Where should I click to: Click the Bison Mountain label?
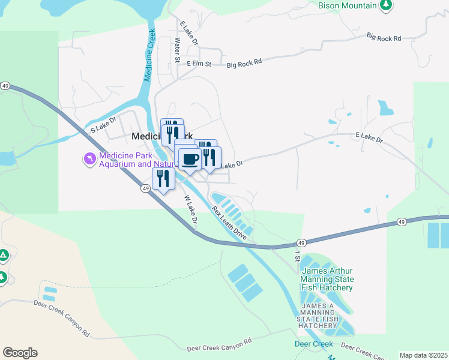pos(347,5)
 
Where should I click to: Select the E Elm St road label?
pos(199,64)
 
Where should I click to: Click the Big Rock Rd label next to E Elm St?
pos(245,62)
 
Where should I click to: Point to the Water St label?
pos(177,51)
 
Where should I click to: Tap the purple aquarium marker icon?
pos(90,158)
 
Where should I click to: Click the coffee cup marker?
pos(190,159)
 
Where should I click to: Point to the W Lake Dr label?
pos(191,211)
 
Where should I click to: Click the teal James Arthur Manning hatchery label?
pos(327,280)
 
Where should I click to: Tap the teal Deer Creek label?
pos(313,344)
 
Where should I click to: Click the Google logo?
pos(20,353)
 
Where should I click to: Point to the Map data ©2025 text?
pos(423,355)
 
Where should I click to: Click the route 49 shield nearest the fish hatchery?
pos(301,244)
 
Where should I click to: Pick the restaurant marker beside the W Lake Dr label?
pos(163,178)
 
